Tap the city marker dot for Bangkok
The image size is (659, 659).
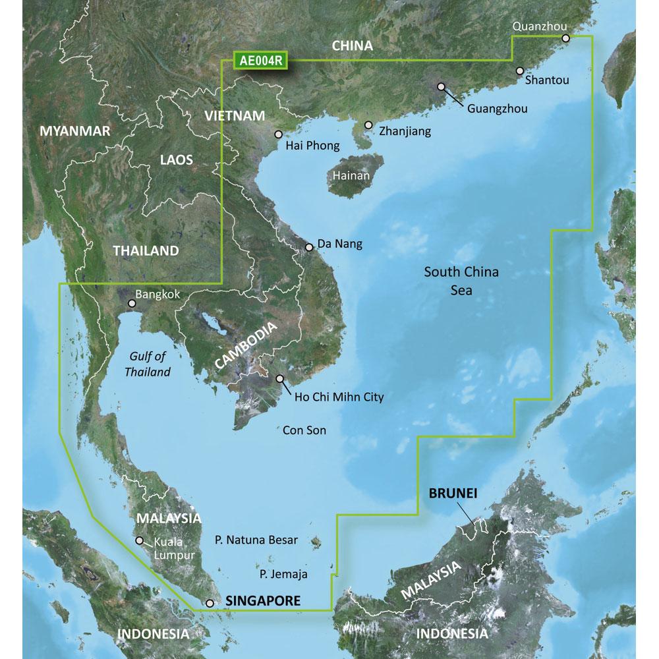132,304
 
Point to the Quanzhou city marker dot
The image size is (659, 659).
565,39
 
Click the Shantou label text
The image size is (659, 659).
547,80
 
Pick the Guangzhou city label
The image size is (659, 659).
497,109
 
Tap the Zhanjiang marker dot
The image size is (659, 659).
368,125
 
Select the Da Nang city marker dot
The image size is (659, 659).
309,248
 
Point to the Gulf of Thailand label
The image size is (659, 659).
150,364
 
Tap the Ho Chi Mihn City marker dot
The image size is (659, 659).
280,379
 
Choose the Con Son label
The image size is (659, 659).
304,430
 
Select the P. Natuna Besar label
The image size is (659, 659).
256,540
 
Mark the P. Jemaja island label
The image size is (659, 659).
283,574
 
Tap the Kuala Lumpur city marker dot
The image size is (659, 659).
139,541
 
